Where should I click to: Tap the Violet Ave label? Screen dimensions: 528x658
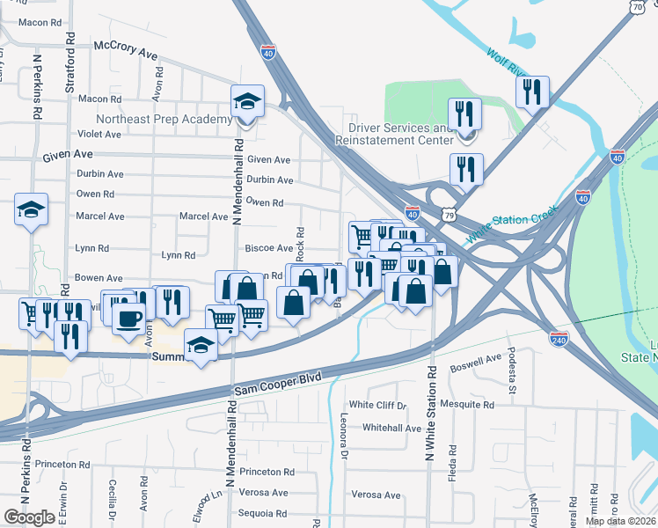click(99, 135)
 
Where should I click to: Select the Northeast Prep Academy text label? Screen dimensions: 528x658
click(164, 119)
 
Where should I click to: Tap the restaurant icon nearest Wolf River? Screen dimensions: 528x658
click(532, 92)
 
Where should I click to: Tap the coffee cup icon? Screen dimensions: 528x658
click(128, 319)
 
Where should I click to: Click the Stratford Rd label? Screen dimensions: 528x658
click(69, 68)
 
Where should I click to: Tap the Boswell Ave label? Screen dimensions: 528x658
click(475, 362)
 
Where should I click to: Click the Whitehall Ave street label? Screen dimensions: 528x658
click(392, 429)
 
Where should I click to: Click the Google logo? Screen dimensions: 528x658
click(29, 517)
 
